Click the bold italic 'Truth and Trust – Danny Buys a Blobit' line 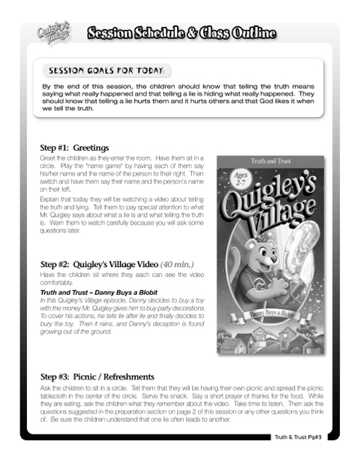(93, 292)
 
